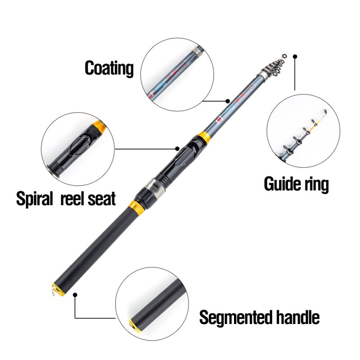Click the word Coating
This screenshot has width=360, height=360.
pos(109,68)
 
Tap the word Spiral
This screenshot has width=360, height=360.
pos(35,198)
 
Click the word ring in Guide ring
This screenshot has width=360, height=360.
pos(315,184)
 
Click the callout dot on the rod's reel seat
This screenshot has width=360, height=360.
pos(177,148)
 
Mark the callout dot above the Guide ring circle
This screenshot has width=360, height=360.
pos(295,57)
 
